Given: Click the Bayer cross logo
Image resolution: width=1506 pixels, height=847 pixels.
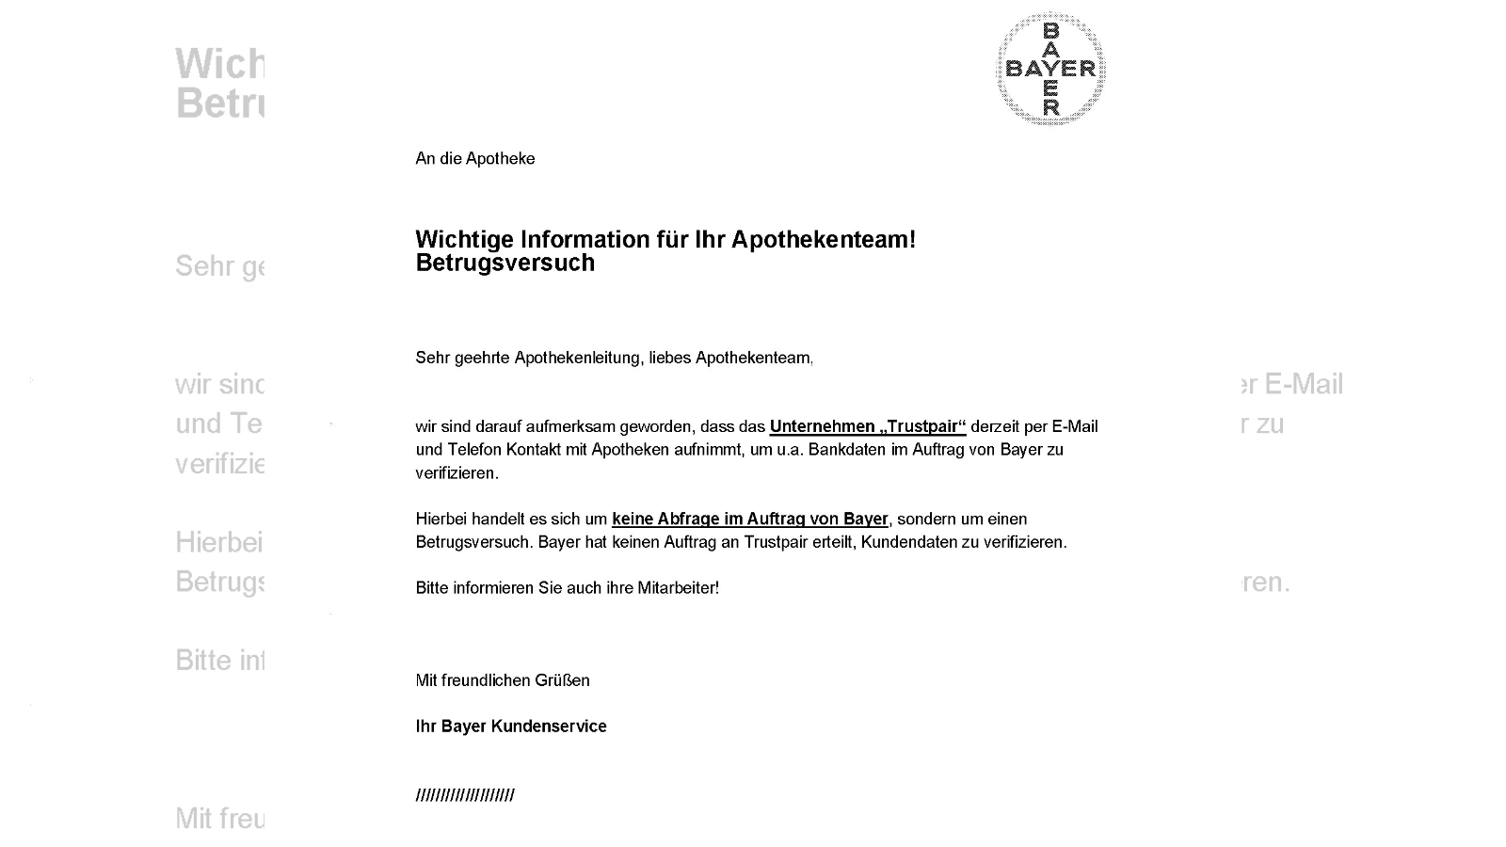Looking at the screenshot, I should coord(1050,69).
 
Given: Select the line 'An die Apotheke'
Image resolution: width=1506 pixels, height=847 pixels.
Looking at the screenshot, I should coord(474,159).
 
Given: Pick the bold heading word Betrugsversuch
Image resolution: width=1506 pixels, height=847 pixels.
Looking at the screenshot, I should coord(505,264).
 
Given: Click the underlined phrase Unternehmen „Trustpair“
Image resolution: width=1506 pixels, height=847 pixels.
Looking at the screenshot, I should coord(867,426).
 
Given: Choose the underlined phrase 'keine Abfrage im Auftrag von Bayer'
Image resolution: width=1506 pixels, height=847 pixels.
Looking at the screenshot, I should coord(749,519).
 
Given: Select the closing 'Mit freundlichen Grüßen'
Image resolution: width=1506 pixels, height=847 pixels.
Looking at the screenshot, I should coord(503,680).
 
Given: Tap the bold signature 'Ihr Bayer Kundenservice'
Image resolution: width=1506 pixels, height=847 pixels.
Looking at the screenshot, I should coord(511,727).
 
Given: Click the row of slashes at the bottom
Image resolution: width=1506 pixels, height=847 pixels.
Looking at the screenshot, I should coord(465,796).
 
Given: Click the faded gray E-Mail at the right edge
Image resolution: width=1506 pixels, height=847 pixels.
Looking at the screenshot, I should coord(1303,384).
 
